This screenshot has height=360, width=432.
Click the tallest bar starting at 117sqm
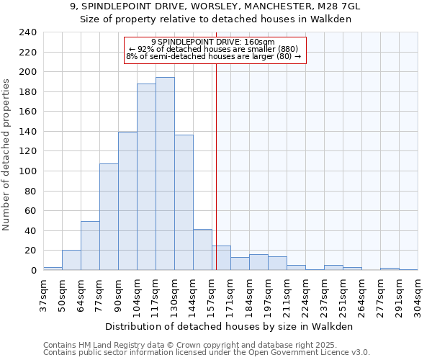pos(165,174)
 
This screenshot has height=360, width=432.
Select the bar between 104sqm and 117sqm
pos(146,176)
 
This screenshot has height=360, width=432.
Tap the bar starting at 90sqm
pos(127,201)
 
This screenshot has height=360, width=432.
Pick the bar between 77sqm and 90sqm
pos(109,217)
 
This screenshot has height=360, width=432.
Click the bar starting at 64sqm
pos(90,246)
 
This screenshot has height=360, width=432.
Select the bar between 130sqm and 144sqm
pos(184,202)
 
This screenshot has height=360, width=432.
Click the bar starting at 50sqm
pos(71,260)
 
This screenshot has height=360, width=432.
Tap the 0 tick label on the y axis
pos(33,271)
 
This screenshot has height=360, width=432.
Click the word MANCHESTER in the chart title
pos(274,6)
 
